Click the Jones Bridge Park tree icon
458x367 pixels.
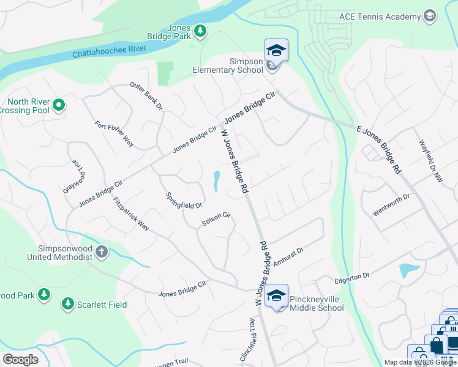tap(200, 31)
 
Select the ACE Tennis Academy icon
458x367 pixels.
tap(430, 16)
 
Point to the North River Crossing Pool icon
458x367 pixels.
tap(59, 106)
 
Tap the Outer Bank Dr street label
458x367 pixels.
tap(146, 96)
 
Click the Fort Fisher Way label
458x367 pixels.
tap(114, 133)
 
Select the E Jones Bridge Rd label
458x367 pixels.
tap(378, 149)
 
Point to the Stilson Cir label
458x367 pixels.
tap(216, 220)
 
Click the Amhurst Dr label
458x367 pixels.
tap(288, 256)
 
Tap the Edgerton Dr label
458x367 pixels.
tap(352, 278)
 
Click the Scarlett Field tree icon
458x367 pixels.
tap(67, 304)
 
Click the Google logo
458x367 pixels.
tap(20, 360)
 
